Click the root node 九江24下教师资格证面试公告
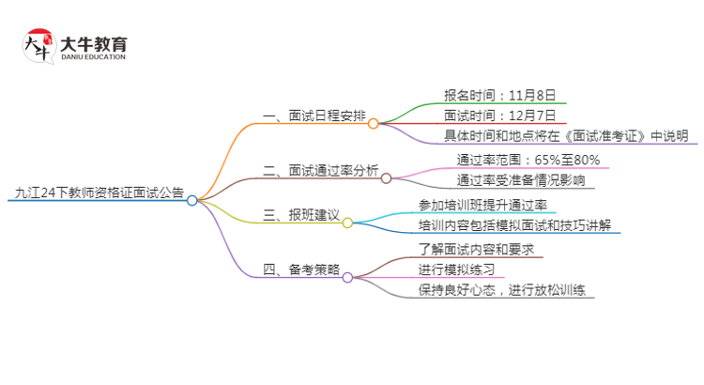pyautogui.click(x=99, y=193)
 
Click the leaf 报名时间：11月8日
pyautogui.click(x=499, y=95)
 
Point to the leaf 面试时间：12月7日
pyautogui.click(x=499, y=115)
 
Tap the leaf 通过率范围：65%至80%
pyautogui.click(x=528, y=160)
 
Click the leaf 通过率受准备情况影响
pyautogui.click(x=520, y=180)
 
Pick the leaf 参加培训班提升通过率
pyautogui.click(x=482, y=205)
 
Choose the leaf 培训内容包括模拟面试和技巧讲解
pyautogui.click(x=516, y=225)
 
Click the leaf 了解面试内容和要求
pyautogui.click(x=476, y=250)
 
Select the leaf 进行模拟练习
pyautogui.click(x=456, y=270)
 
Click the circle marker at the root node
pyautogui.click(x=192, y=200)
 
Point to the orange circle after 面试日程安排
pyautogui.click(x=373, y=123)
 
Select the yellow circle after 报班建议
pyautogui.click(x=347, y=223)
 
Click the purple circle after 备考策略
pyautogui.click(x=347, y=277)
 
